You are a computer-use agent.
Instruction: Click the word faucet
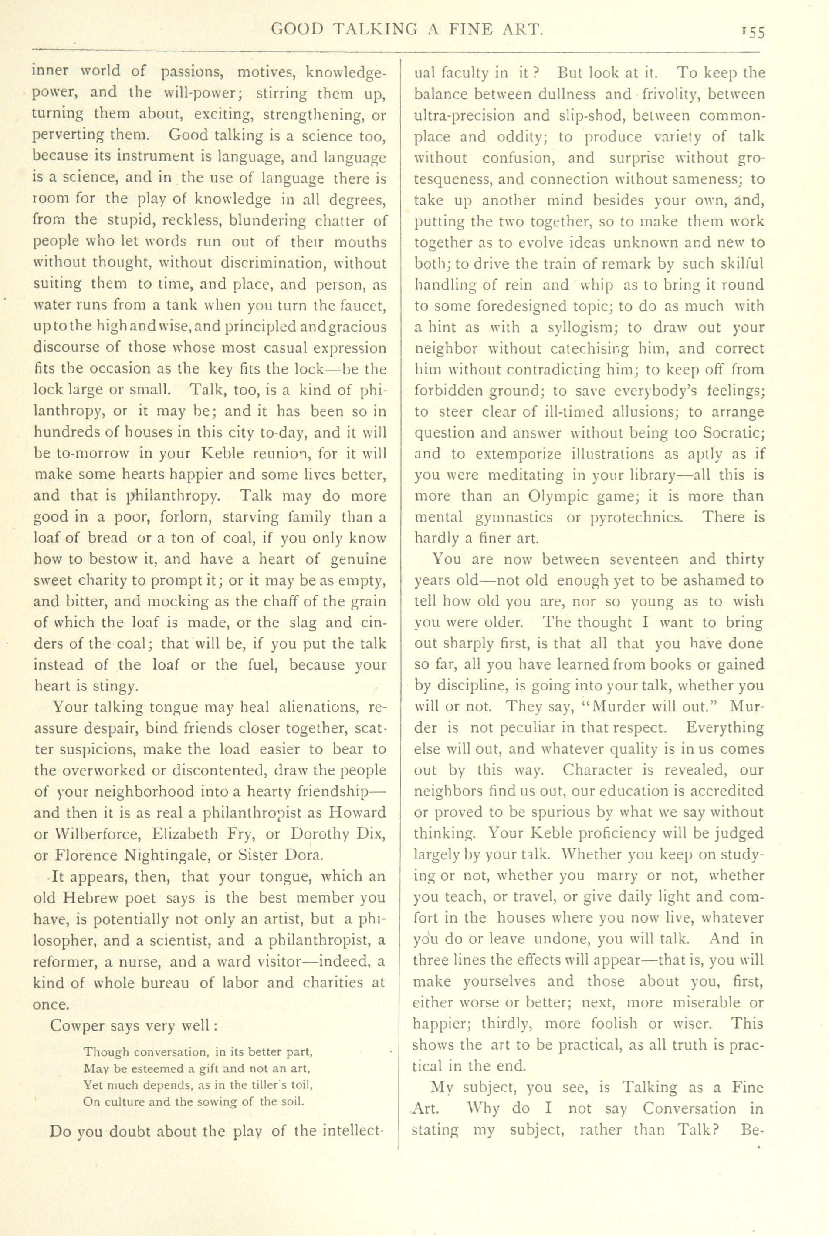tap(366, 306)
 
